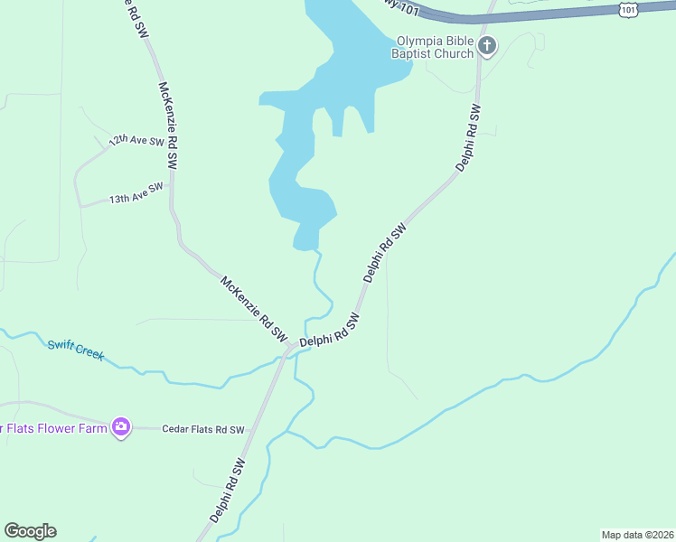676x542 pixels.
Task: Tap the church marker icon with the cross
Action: pos(487,46)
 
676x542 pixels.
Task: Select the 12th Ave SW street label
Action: pos(136,141)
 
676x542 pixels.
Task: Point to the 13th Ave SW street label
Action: pos(136,192)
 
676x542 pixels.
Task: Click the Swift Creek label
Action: pos(76,348)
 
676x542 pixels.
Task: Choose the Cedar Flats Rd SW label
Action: pos(203,429)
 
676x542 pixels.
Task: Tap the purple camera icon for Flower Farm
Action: pos(121,426)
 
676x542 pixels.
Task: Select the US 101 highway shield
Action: pos(628,8)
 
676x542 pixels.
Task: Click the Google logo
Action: pos(30,531)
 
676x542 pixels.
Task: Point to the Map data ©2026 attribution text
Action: pos(637,534)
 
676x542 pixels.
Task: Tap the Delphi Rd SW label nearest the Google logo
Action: pos(227,491)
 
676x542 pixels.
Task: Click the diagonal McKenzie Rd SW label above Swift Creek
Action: pos(253,308)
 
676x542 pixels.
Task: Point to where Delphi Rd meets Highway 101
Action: pos(492,15)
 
